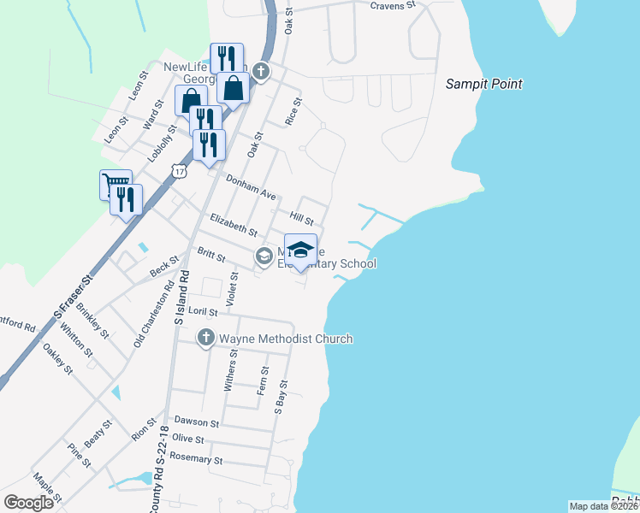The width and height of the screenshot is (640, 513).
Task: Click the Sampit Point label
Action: (483, 84)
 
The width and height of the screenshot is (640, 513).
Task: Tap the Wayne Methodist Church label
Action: (286, 339)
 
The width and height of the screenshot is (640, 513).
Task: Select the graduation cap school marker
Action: (300, 250)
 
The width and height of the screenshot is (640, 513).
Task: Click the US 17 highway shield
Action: (179, 171)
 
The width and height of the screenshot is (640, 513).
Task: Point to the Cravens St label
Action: (392, 5)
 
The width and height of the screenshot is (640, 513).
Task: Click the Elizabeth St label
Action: (234, 227)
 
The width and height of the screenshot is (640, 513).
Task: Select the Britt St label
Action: (210, 256)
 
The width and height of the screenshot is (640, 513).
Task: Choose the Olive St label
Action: (188, 439)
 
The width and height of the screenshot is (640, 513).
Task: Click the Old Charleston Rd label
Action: (142, 317)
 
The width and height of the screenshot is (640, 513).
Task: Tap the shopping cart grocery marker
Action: (114, 182)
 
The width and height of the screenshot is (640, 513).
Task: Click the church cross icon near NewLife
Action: (261, 72)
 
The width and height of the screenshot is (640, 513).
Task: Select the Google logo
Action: (28, 503)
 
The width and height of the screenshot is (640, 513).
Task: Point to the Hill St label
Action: (302, 219)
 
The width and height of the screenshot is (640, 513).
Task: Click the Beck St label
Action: (163, 266)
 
